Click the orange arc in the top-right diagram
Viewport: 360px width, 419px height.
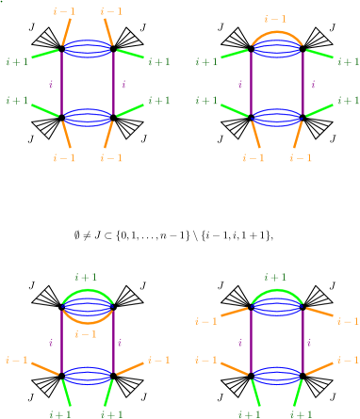[276, 32]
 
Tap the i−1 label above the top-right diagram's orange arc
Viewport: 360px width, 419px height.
[275, 18]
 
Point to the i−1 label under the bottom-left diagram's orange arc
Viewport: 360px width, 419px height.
[87, 333]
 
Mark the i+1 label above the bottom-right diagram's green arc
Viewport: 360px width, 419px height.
[275, 277]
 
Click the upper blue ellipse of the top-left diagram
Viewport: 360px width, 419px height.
[88, 48]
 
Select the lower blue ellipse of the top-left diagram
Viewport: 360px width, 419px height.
[88, 116]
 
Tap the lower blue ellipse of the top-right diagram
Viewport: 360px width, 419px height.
[276, 116]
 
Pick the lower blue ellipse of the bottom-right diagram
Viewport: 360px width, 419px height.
[276, 375]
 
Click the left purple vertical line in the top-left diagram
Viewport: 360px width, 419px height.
[62, 83]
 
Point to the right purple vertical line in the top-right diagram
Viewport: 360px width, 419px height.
[303, 83]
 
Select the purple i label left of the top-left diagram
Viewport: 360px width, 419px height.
[51, 84]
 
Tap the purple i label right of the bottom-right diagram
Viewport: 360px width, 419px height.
[313, 343]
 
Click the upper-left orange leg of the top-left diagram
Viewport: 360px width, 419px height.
[67, 31]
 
